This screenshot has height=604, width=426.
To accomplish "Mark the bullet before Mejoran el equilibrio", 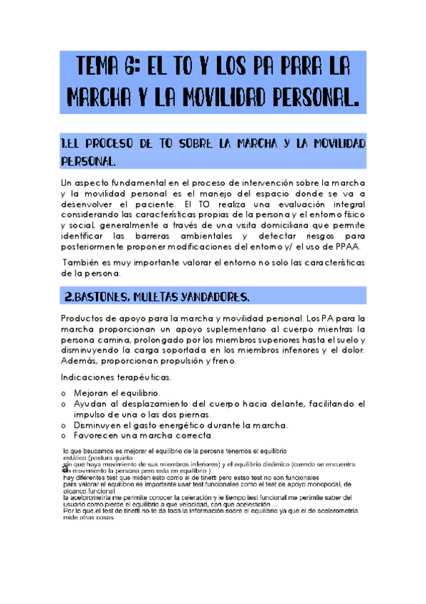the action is tap(65, 394).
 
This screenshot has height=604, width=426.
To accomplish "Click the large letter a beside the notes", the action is tap(65, 469).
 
